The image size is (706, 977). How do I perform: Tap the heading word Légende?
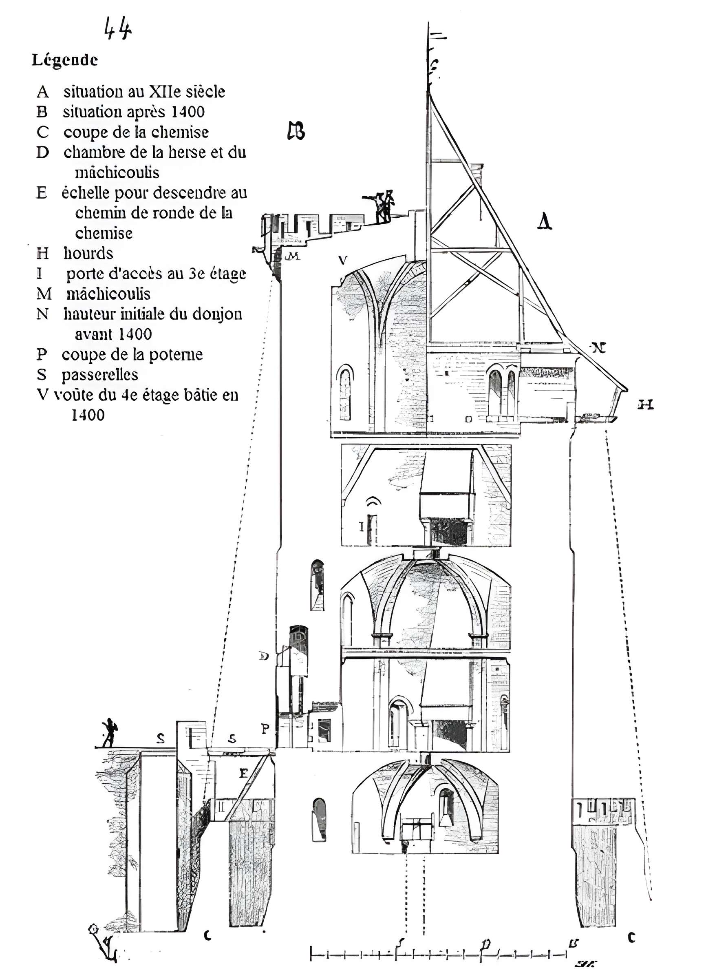(65, 60)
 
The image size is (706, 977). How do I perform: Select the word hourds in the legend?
(88, 253)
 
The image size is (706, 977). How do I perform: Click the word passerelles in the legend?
(100, 375)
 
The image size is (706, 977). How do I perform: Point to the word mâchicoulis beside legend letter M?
(108, 294)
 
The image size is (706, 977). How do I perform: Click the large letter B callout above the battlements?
(296, 131)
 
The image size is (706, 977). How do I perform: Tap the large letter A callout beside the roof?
(545, 222)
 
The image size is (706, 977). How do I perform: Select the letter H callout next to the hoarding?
(645, 405)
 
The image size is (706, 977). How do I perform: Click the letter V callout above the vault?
(343, 260)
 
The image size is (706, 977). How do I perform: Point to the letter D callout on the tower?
(264, 656)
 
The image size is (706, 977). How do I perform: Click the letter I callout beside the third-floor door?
(362, 526)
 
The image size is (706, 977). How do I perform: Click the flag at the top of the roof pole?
(437, 37)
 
